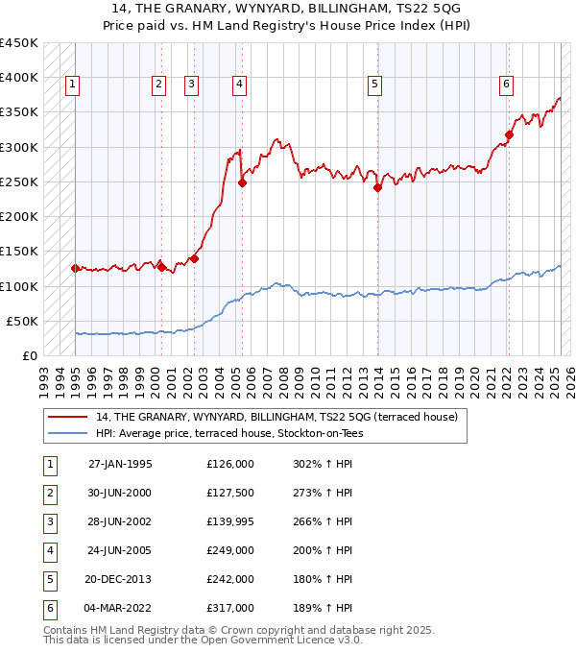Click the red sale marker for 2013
pos(377,188)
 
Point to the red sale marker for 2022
pos(509,135)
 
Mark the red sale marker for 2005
pos(242,182)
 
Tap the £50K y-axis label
pos(23,321)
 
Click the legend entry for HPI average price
pos(229,433)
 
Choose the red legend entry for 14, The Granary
pos(276,417)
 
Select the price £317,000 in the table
pos(230,607)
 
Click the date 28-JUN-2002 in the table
pos(119,520)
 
